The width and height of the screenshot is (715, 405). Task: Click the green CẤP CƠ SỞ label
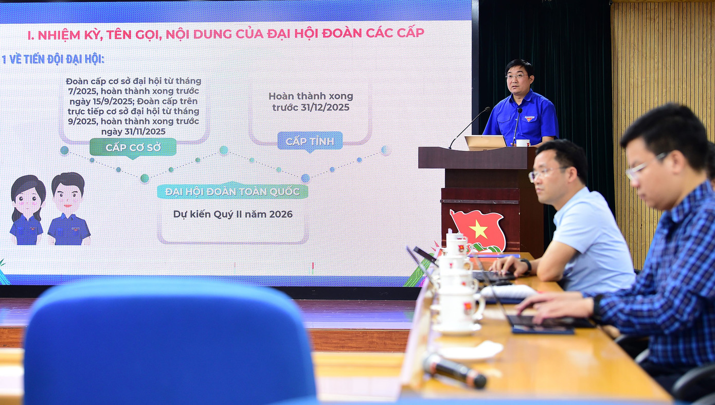tap(133, 148)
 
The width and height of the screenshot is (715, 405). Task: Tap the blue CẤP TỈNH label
tap(310, 141)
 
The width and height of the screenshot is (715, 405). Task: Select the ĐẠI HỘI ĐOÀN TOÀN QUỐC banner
tap(233, 191)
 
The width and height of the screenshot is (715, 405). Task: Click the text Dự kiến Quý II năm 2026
tap(233, 214)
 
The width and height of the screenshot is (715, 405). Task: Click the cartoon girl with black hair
tap(27, 210)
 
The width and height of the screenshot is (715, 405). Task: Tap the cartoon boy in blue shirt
tap(68, 209)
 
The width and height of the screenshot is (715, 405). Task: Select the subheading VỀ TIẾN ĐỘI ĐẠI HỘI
tap(57, 59)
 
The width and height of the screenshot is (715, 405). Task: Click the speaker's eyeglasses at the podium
tap(516, 76)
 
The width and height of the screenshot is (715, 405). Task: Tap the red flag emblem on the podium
tap(478, 231)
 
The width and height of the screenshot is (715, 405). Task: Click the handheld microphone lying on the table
tap(454, 370)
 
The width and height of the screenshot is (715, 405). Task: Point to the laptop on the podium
tap(485, 143)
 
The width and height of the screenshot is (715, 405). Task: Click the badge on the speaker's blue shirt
tap(529, 119)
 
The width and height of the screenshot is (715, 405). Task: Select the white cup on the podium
tap(523, 143)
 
